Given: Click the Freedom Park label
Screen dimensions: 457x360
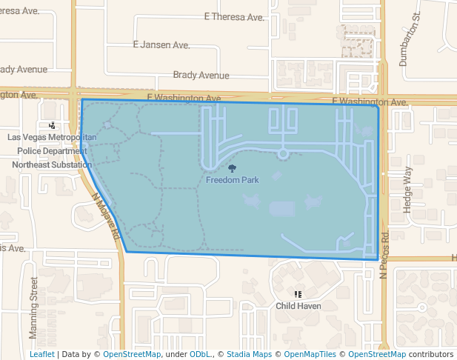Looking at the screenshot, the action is coord(233,180).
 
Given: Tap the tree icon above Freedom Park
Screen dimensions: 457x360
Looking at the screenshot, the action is coord(233,169).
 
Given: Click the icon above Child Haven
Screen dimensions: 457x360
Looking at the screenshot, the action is coord(298,294).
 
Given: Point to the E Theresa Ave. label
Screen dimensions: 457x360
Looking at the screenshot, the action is coord(233,16).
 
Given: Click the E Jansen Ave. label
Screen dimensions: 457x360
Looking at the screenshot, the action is coord(161,45).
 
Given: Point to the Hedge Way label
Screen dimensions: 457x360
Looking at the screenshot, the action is coord(406,190).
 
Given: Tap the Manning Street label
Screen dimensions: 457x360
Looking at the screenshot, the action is coord(33,307).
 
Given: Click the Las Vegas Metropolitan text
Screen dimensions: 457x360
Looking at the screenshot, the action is coord(52,138).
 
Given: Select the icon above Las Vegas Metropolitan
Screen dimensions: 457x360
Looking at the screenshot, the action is coord(51,126).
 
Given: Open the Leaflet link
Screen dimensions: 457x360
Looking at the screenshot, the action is coord(41,354).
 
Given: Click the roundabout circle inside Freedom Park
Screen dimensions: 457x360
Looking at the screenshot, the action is coord(282,153).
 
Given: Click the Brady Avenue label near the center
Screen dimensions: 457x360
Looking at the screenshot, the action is coord(201,75).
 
